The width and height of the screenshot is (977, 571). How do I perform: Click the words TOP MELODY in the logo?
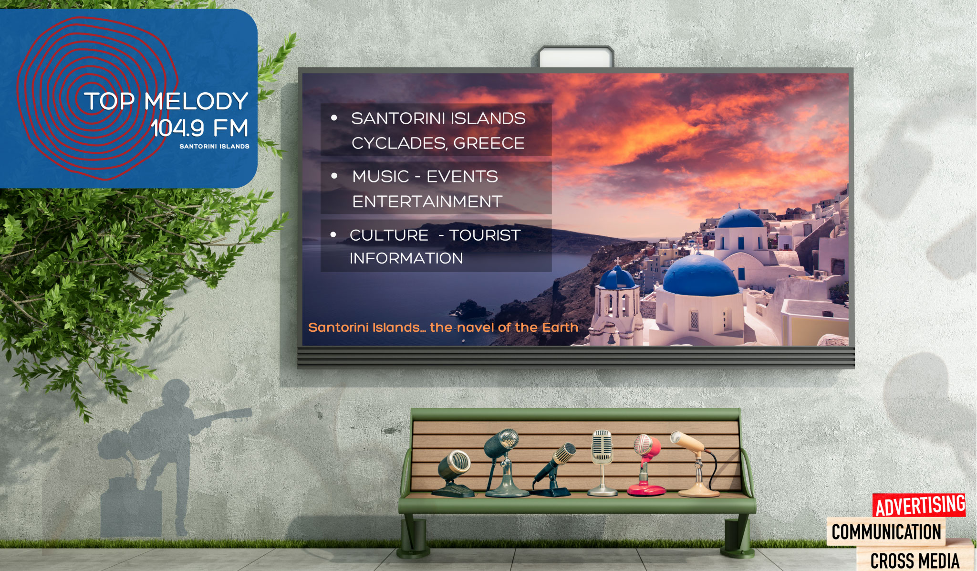[x=166, y=101]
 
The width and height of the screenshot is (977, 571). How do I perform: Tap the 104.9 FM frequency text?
[x=199, y=128]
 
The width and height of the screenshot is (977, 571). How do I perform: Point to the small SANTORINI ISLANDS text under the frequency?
[x=214, y=146]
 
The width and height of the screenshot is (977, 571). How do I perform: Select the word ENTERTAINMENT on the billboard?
[x=427, y=201]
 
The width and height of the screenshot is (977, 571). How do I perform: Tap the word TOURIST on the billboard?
[x=485, y=235]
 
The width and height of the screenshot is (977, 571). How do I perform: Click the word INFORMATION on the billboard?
[x=406, y=258]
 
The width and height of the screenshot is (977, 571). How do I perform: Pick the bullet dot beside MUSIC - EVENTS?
[x=334, y=176]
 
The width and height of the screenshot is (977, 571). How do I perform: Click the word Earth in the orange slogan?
[x=560, y=328]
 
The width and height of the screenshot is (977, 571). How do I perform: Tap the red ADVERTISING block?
[x=919, y=506]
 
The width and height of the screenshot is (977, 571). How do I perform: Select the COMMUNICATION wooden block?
[x=886, y=532]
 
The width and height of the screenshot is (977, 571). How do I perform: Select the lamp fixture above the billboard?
[x=576, y=57]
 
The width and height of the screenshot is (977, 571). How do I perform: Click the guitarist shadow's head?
[x=175, y=394]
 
